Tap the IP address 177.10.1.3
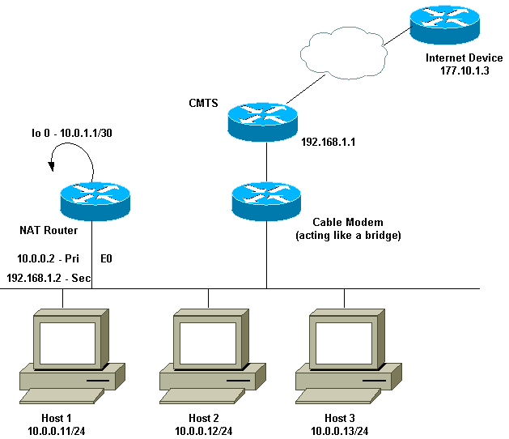coord(454,71)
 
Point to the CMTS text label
coord(203,103)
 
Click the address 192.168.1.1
coord(329,141)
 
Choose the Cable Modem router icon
coord(265,200)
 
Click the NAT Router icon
coord(94,200)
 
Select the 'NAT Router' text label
coord(49,230)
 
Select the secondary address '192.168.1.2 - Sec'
coord(48,277)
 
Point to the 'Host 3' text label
coord(340,417)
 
